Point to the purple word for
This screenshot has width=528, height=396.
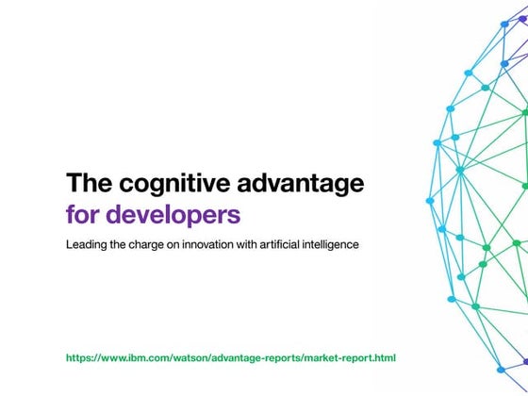click(83, 213)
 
